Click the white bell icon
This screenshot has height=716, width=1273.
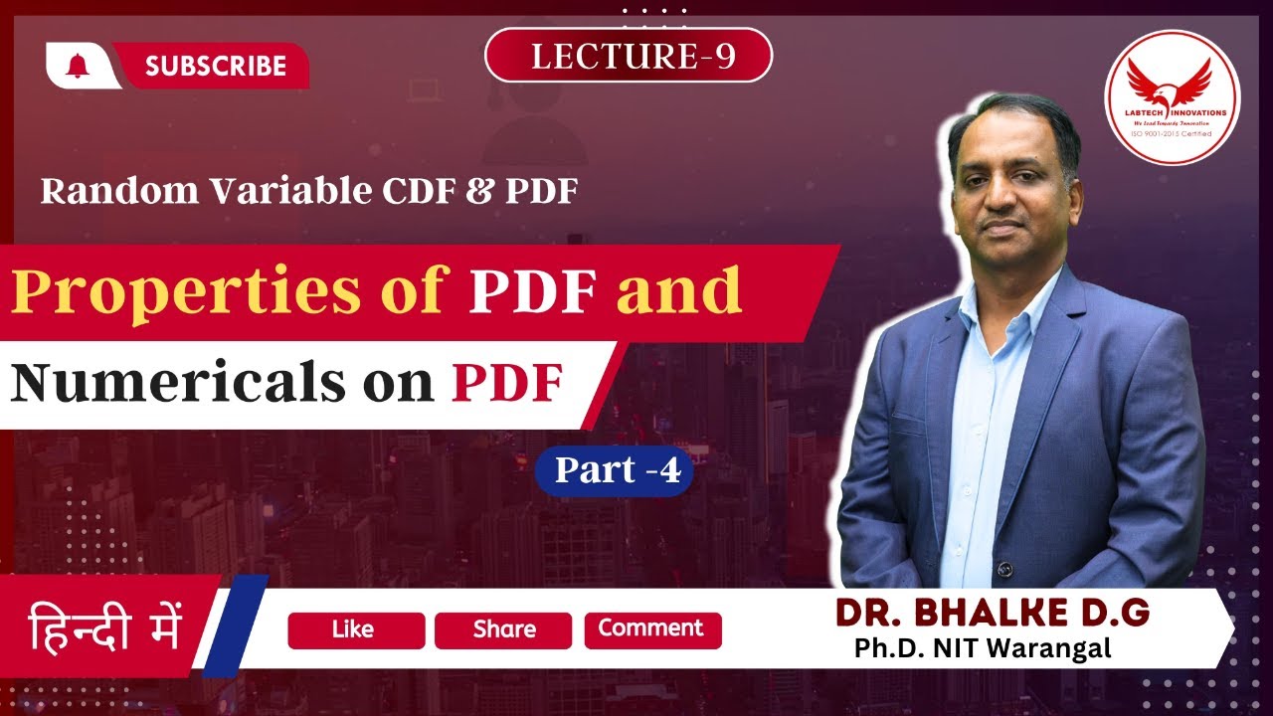(x=78, y=65)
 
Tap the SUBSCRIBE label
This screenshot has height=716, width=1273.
(x=215, y=67)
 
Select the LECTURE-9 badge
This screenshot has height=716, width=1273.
(x=628, y=56)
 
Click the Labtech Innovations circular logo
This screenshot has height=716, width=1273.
(x=1173, y=96)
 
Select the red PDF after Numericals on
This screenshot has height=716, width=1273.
(x=507, y=384)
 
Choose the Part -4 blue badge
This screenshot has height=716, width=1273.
(x=614, y=470)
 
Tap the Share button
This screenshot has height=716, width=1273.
(x=503, y=630)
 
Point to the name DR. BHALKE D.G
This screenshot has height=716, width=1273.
(x=993, y=614)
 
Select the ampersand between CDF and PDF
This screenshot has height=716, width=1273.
(x=459, y=191)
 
